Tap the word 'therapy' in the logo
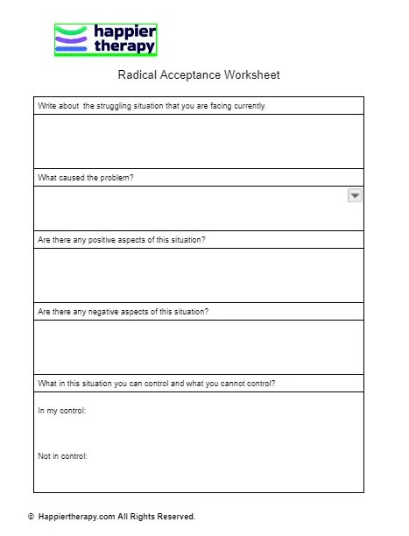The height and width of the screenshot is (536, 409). [x=123, y=47]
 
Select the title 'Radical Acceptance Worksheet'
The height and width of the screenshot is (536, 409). [x=198, y=75]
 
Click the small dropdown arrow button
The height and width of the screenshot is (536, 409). [x=355, y=196]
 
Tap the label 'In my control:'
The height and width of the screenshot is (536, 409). [x=61, y=410]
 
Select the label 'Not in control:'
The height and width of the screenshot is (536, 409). [x=63, y=456]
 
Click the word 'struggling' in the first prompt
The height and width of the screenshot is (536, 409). [x=115, y=106]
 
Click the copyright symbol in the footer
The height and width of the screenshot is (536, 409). [x=32, y=517]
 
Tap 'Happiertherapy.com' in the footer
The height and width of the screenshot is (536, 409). [x=76, y=517]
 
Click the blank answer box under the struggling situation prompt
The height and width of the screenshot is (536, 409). [x=198, y=140]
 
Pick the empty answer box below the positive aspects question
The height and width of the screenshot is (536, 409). [x=198, y=275]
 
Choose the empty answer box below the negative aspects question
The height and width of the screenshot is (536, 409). [x=198, y=347]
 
